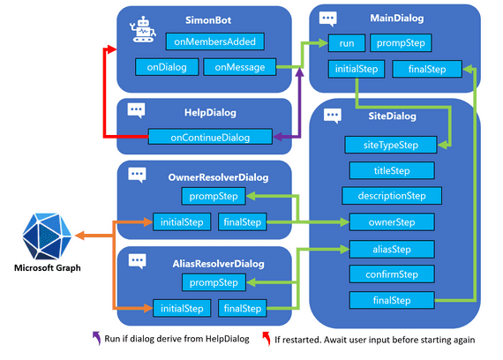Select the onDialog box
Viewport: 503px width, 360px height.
[166, 67]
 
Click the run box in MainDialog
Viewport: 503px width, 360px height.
[345, 42]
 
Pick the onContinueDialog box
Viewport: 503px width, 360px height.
[209, 137]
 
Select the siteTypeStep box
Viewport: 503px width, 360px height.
[391, 144]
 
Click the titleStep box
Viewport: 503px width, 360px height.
[391, 170]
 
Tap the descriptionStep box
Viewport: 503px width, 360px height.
[391, 196]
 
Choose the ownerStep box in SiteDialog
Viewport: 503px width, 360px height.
[391, 221]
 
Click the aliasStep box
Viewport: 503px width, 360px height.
[391, 248]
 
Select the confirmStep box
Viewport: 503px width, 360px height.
[391, 274]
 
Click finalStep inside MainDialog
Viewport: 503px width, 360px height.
[426, 69]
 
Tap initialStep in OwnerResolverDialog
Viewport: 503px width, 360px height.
[180, 221]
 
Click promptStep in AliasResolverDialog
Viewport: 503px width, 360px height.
[215, 282]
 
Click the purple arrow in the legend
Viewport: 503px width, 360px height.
[95, 337]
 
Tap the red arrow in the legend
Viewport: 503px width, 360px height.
[266, 337]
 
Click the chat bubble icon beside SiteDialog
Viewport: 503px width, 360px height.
[334, 116]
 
